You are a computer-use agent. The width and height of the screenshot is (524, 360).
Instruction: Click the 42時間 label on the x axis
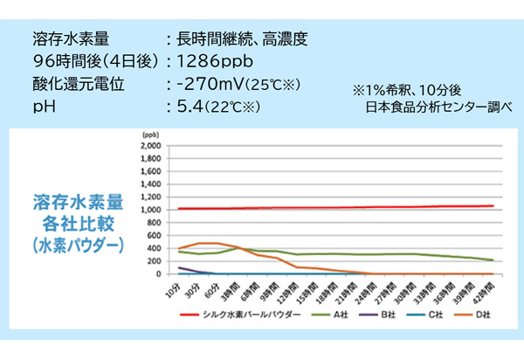point(491,290)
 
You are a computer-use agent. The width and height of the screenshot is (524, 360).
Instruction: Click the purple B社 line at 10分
point(179,267)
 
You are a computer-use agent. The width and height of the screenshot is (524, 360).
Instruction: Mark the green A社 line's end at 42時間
point(493,260)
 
